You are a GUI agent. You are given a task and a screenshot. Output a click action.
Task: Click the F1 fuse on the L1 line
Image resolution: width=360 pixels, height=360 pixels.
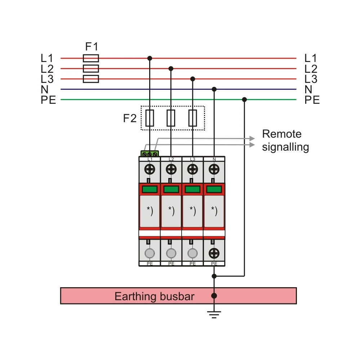coord(91,58)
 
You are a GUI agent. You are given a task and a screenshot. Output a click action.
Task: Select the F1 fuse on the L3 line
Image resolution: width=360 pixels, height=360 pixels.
coord(91,79)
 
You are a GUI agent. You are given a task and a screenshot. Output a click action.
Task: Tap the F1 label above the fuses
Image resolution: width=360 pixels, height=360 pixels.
coord(92,46)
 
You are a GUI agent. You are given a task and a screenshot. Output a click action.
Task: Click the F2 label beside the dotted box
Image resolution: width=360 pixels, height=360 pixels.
coord(130,118)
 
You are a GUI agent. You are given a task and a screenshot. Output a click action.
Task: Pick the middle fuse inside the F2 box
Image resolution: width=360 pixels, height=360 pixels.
coord(171,118)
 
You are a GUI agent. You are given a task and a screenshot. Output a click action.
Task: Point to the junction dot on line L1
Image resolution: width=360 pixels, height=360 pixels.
coord(150,58)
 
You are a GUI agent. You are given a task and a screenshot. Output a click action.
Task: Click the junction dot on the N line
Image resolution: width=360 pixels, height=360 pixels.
coord(214,89)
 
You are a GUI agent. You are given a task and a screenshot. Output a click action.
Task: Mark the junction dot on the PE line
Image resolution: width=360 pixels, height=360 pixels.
coord(245,99)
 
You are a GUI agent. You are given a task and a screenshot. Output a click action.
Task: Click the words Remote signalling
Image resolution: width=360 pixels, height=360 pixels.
coord(285,141)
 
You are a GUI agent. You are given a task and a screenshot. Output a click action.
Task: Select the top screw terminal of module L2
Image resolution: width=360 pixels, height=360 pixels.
coord(171,169)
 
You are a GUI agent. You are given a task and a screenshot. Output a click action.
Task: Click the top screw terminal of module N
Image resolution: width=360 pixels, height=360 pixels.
coord(214,169)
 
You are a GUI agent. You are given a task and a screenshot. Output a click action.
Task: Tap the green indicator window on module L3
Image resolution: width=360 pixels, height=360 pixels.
coord(192,189)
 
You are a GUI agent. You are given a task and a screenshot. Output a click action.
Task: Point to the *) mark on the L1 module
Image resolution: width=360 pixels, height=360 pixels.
coord(150,210)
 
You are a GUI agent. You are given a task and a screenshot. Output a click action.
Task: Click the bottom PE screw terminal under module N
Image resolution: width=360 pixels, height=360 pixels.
coord(214,253)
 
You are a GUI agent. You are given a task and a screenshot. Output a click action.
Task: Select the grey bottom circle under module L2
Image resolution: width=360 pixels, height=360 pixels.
coord(171,253)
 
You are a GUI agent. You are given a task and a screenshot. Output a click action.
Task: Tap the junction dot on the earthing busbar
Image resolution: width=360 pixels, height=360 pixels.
coord(214,296)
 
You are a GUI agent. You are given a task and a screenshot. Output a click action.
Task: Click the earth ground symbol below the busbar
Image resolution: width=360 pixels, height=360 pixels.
coord(214,315)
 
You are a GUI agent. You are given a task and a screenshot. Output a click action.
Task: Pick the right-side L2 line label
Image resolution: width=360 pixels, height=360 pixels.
coord(311,68)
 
